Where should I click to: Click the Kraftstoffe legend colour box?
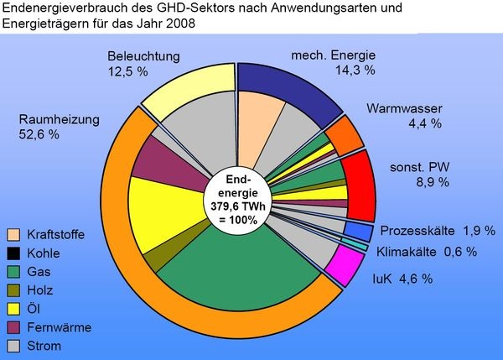pos(13,234)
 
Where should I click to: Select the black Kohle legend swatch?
pos(13,253)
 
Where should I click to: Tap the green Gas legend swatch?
pos(13,271)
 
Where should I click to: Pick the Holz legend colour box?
pos(13,290)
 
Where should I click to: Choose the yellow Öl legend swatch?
pos(13,308)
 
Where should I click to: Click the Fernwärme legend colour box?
pos(13,326)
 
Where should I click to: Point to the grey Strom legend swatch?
pos(13,345)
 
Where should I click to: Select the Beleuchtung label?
pos(144,56)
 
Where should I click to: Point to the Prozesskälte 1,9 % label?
pos(428,230)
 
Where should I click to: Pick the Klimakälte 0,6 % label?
pos(426,251)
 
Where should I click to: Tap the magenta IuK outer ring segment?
pos(339,269)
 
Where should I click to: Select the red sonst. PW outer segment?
pos(358,185)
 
